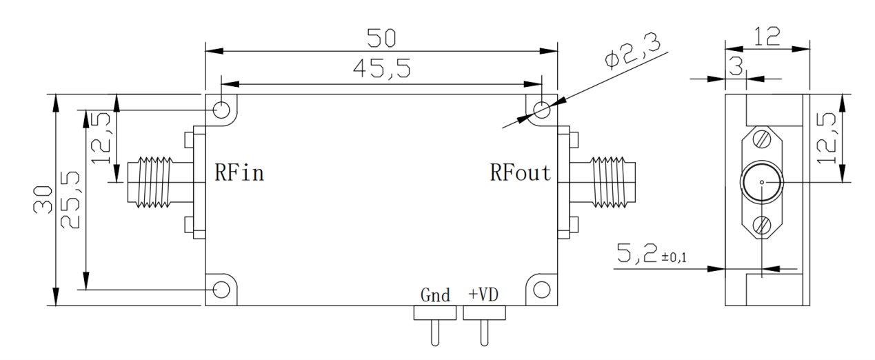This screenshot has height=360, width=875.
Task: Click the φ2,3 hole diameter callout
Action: [630, 50]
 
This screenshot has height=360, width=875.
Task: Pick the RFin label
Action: [239, 172]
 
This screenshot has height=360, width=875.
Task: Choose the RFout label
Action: [521, 172]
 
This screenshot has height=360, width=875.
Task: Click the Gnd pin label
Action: [435, 296]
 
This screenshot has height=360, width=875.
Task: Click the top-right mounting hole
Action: [542, 109]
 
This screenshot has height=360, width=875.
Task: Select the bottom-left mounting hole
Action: [221, 289]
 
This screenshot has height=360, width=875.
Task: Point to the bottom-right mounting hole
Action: [542, 289]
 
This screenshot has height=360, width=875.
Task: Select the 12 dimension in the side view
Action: [767, 35]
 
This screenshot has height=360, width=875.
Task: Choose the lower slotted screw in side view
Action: [761, 225]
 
